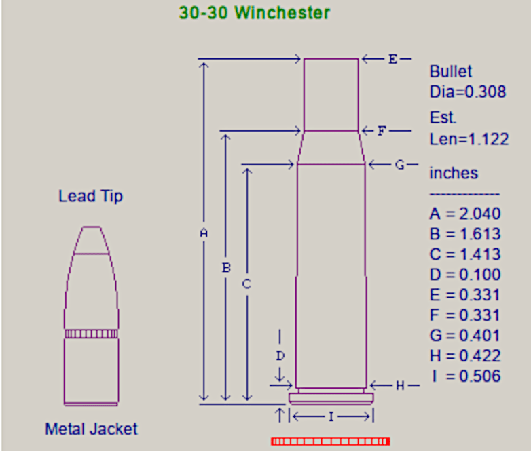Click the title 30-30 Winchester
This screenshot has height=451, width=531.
point(254,12)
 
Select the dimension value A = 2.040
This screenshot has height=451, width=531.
point(465,214)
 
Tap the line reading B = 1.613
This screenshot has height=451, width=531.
point(465,234)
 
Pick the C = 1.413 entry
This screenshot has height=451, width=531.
point(465,254)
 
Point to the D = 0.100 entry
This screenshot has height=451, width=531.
point(465,275)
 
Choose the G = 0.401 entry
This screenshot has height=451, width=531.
point(465,335)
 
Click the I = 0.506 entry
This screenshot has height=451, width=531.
point(465,376)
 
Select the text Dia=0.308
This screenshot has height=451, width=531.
point(468,92)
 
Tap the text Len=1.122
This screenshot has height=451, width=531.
point(469,139)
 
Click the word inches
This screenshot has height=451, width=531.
point(454,173)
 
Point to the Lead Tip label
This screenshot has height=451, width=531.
point(90,197)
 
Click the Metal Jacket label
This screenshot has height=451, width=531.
point(91,429)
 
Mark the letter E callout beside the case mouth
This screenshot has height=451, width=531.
point(392,59)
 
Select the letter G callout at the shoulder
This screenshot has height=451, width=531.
point(399,164)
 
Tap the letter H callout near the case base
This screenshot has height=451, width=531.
point(400,385)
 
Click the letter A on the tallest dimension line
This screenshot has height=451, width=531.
point(203,233)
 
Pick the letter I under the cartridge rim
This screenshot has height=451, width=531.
point(331,416)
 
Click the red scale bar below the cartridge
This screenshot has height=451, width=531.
point(330,442)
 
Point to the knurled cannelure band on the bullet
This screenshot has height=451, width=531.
point(90,334)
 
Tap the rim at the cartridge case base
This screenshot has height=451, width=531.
point(331,398)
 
